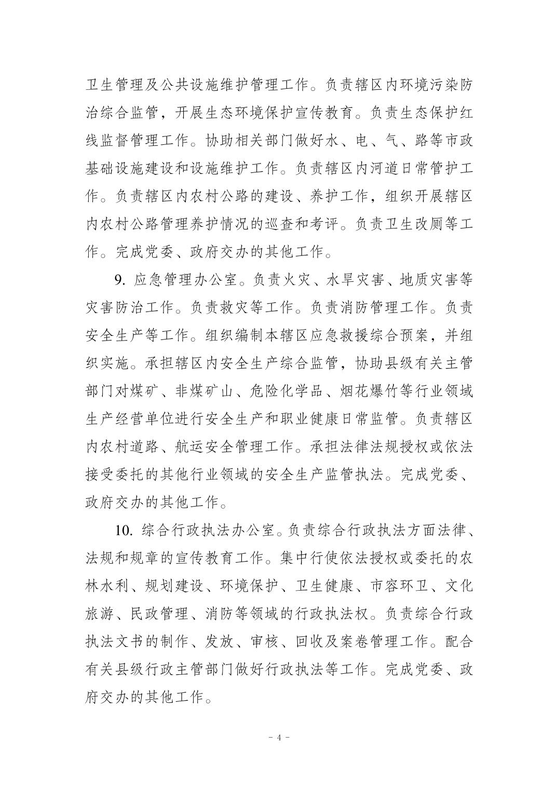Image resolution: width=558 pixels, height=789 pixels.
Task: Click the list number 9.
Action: [x=119, y=280]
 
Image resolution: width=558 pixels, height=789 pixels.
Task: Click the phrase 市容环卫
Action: [x=399, y=586]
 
